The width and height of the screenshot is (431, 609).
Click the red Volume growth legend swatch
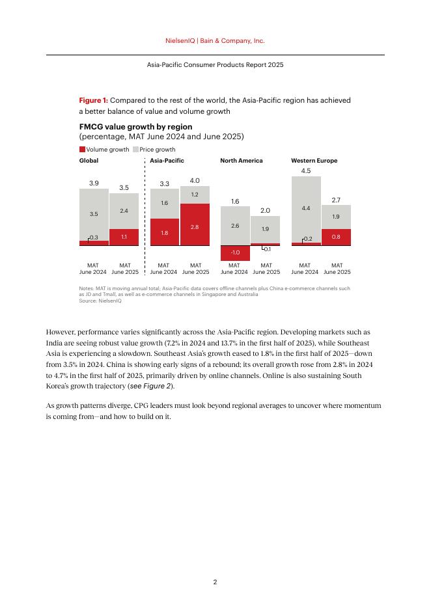point(82,150)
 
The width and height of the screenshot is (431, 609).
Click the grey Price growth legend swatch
point(135,150)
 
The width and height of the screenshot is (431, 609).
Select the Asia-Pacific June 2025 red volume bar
point(195,224)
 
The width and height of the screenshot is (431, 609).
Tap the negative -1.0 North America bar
point(235,252)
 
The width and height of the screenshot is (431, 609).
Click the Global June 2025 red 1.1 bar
point(124,237)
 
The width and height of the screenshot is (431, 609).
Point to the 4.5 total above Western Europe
point(306,170)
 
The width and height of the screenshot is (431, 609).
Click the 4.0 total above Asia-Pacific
point(195,180)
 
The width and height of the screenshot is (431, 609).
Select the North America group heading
point(242,160)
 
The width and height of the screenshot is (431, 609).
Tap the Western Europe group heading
point(314,160)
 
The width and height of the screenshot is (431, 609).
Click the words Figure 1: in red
point(93,100)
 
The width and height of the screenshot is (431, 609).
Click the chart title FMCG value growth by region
point(135,126)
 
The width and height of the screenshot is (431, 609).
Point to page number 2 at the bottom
point(215,582)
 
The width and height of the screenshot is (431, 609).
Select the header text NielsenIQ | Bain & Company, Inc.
point(215,40)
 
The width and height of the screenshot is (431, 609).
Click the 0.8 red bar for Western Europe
point(336,237)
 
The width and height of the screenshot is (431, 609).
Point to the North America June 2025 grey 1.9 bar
point(266,230)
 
